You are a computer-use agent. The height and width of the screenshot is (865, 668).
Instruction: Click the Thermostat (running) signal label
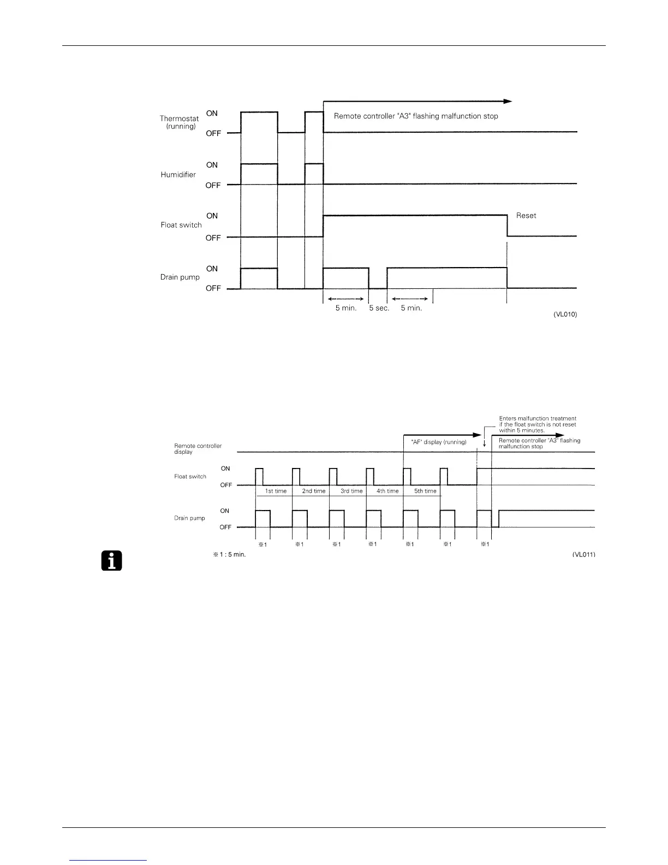[180, 122]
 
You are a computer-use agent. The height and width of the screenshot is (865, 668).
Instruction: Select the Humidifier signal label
[178, 175]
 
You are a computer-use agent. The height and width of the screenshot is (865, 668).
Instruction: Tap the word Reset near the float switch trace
[526, 216]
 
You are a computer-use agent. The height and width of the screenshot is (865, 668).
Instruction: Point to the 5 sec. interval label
[379, 308]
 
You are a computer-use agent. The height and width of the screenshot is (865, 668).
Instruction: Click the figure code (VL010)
[565, 315]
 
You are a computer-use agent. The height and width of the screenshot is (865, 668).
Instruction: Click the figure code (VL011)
[583, 555]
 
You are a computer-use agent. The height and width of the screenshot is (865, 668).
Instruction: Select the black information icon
[111, 561]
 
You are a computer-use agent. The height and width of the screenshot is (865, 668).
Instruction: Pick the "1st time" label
[276, 491]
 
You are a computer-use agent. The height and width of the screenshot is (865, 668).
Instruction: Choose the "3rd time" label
[351, 491]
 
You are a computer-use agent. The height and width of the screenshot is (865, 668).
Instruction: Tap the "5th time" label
[425, 491]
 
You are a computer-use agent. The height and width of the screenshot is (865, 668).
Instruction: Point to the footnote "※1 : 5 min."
[229, 555]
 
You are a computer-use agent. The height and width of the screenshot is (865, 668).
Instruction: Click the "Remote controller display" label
[198, 449]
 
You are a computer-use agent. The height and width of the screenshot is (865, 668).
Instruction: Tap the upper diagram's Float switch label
[181, 225]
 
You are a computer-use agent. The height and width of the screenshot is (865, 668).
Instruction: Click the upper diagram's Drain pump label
[180, 277]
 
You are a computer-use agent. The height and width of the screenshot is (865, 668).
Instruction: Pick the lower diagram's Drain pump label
[189, 518]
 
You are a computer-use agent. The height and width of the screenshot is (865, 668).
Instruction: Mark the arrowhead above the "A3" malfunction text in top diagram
[508, 101]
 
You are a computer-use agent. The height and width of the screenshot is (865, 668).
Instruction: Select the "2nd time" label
[314, 491]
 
